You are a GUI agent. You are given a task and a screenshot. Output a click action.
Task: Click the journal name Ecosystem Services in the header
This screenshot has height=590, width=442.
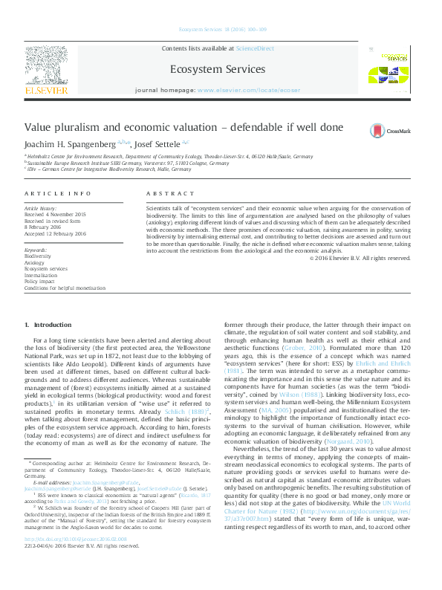(x=218, y=69)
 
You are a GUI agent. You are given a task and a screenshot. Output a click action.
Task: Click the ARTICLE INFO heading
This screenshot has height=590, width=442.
(x=58, y=193)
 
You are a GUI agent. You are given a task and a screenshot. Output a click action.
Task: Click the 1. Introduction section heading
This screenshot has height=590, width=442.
(x=48, y=325)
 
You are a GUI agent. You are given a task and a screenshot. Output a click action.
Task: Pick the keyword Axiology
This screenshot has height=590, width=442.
(x=34, y=262)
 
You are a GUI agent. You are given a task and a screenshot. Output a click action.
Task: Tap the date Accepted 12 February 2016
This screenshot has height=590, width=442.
(x=55, y=232)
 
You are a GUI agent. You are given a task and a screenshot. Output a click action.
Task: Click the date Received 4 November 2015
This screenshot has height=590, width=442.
(x=56, y=215)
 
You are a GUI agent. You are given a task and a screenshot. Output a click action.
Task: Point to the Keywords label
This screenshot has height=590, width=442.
(x=36, y=250)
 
